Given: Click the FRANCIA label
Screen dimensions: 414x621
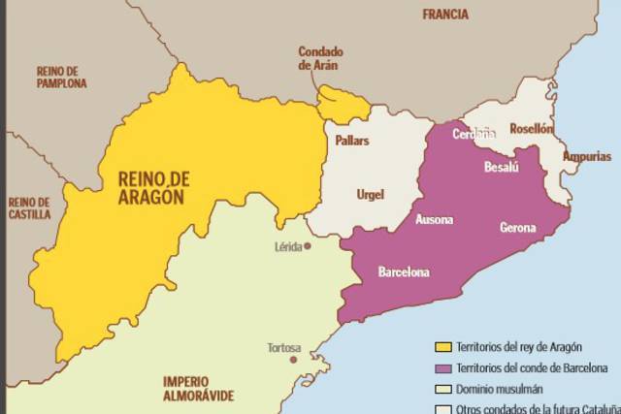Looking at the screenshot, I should coord(445,15).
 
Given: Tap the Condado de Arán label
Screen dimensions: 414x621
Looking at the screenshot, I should coord(321,59).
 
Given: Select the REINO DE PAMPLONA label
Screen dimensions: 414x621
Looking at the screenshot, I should coord(61,77).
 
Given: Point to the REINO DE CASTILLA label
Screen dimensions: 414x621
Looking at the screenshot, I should coord(29,207).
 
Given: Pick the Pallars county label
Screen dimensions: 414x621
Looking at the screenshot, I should coord(351,141).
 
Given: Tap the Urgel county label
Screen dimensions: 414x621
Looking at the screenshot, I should coord(370,194).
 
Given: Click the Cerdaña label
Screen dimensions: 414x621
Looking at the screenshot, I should coord(474,134).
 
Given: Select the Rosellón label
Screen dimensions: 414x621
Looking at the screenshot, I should coord(531,128).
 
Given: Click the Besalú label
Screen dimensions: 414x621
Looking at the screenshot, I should coord(502,168).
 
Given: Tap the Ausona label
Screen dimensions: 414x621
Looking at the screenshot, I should coord(434,219).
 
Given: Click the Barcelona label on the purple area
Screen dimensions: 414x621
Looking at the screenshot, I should coord(403,272).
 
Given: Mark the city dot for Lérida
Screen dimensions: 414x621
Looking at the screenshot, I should coord(308,246).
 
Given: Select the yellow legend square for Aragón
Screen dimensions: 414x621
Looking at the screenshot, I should coord(443,347).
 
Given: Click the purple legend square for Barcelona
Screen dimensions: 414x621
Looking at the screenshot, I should coord(443,368).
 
